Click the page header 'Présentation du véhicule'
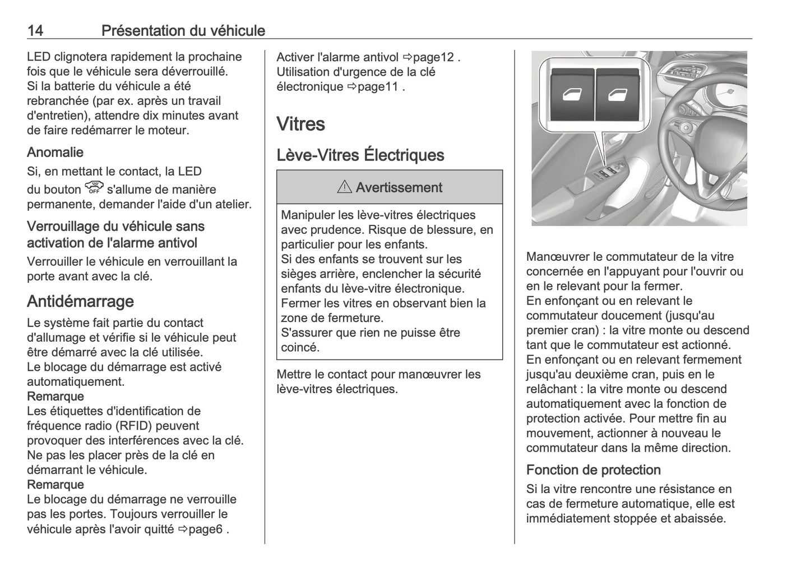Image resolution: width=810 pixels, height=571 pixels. point(183,30)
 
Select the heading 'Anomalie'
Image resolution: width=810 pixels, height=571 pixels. point(55,152)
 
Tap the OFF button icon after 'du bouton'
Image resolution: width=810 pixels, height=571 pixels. point(94,188)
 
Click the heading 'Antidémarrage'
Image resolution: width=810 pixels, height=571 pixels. point(80,301)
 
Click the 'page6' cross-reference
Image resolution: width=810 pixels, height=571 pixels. point(206,529)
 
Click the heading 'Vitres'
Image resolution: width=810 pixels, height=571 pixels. point(300,124)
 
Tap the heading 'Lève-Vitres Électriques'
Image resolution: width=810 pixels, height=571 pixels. point(360,155)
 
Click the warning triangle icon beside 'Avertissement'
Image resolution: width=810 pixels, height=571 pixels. point(344,188)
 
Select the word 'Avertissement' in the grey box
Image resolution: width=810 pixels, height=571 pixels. point(399,188)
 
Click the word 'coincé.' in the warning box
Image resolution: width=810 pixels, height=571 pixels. point(300,347)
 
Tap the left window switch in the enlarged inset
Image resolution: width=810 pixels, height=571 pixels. point(572,95)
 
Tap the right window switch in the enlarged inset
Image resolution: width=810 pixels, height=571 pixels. point(617,95)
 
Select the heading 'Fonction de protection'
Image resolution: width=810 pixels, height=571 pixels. point(593,469)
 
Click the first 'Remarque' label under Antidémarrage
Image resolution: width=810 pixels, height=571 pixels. point(55,397)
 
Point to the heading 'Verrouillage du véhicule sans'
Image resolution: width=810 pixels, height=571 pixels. point(115,227)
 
